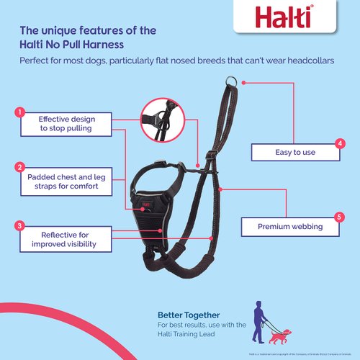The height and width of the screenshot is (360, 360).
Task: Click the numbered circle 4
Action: [340, 143]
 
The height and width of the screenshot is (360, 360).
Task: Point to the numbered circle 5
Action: [340, 216]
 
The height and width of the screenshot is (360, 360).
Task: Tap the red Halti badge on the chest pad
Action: [146, 204]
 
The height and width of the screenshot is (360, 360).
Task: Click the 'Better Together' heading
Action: [189, 315]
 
